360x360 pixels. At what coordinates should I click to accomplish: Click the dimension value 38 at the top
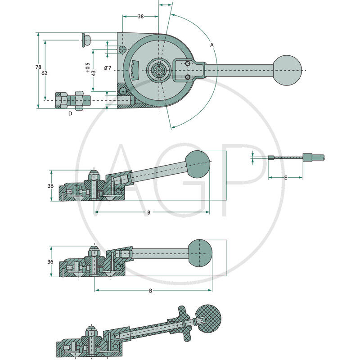point(141,16)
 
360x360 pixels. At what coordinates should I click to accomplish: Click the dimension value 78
point(38,67)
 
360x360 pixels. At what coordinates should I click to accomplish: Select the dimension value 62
point(44,73)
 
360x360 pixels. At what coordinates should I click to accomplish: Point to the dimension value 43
point(94,73)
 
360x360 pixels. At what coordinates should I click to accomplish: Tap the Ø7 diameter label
point(108,68)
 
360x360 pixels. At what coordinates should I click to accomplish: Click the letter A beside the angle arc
point(211,45)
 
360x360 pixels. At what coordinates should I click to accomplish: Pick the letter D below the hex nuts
point(70,113)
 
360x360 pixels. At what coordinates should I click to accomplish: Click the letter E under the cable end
point(286,177)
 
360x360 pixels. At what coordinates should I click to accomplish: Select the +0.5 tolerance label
point(88,68)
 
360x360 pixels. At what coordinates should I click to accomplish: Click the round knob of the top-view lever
point(287,70)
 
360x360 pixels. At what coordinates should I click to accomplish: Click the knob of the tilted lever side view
point(198,164)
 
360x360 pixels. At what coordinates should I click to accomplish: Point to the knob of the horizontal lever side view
point(200,253)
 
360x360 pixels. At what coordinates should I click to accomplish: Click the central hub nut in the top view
point(159,70)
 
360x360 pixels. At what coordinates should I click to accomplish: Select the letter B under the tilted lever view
point(149,212)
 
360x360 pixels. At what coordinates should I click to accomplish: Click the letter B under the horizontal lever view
point(151,291)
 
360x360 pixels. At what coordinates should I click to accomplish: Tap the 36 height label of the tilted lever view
point(50,186)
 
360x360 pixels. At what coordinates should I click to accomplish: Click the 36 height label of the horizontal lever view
point(50,261)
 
